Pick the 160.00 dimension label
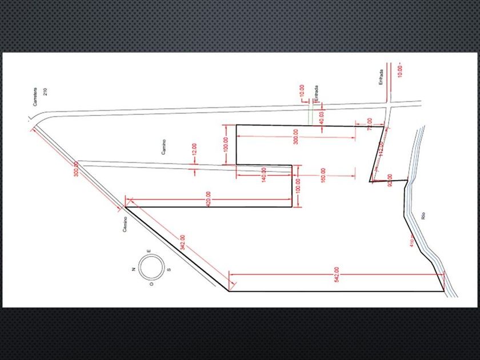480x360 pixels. pyautogui.click(x=323, y=175)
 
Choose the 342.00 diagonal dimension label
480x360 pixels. pyautogui.click(x=182, y=242)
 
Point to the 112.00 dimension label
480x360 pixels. pyautogui.click(x=381, y=149)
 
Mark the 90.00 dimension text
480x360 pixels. pyautogui.click(x=390, y=181)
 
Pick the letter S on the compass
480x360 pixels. pyautogui.click(x=168, y=269)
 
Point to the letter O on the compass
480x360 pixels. pyautogui.click(x=151, y=284)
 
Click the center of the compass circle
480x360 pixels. pyautogui.click(x=151, y=268)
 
